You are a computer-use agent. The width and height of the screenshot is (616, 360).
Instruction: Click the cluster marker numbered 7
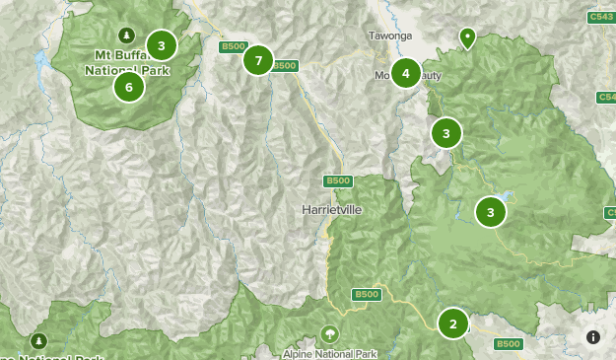click(258, 60)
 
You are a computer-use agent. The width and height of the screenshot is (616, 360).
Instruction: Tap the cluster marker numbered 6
click(128, 87)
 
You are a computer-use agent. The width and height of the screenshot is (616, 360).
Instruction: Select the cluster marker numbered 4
click(405, 72)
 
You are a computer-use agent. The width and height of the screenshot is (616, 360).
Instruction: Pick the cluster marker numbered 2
click(452, 323)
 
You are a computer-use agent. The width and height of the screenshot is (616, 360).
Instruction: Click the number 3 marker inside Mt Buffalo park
click(161, 44)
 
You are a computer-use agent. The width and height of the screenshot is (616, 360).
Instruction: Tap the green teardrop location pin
click(467, 37)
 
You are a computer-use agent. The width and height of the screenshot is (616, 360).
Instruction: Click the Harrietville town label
click(331, 211)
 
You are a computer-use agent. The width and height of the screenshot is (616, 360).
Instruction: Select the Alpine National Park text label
click(330, 353)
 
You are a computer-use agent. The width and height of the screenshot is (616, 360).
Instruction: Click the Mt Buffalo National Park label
click(127, 62)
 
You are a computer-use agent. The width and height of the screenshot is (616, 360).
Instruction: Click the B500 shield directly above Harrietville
click(337, 180)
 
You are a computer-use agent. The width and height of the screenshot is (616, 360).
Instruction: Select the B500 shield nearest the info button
click(508, 343)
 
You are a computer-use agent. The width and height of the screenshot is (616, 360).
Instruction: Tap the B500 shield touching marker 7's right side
click(284, 66)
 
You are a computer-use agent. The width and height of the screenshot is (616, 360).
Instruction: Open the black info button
click(593, 336)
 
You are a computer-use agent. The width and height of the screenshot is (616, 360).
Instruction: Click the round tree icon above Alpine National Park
click(329, 333)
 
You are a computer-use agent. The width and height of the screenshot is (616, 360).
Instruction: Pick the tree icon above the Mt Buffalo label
click(126, 35)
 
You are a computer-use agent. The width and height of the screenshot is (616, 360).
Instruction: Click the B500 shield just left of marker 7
click(233, 46)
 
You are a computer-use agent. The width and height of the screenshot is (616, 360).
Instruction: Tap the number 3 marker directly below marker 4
click(445, 132)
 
